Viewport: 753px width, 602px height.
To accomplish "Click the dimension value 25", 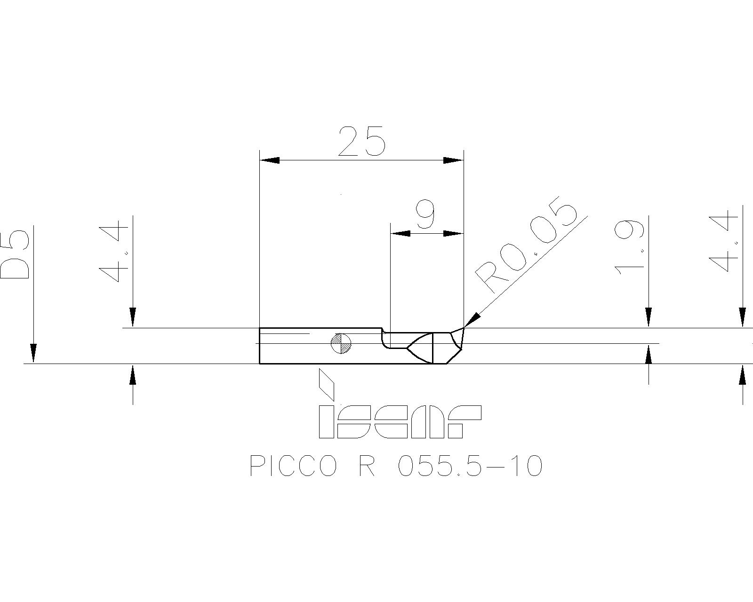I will click(361, 141).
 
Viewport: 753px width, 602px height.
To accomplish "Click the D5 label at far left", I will click(16, 254).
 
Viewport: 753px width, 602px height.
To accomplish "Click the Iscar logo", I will click(400, 421).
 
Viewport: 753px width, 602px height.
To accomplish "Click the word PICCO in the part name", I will click(294, 467).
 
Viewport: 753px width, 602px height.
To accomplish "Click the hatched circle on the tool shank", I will click(341, 343).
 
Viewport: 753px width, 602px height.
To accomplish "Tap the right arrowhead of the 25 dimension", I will click(454, 160).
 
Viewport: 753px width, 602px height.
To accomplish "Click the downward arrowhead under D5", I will click(33, 353).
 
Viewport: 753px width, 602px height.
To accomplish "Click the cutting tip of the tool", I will click(464, 327).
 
